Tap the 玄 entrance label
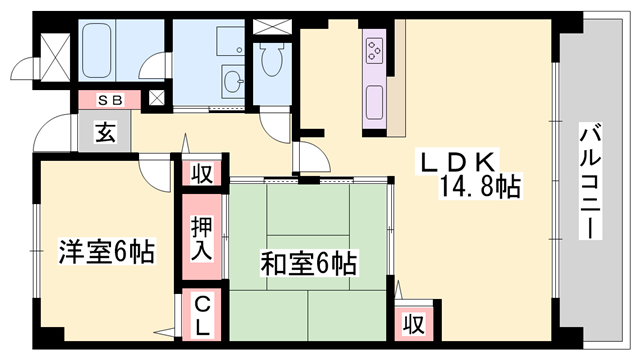point(105,131)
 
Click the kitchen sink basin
point(377,101)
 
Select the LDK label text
point(459,161)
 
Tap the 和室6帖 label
point(309,263)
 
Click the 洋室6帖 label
point(106,253)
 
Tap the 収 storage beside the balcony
point(413,323)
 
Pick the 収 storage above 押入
point(202,172)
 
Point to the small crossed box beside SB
point(157,99)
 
